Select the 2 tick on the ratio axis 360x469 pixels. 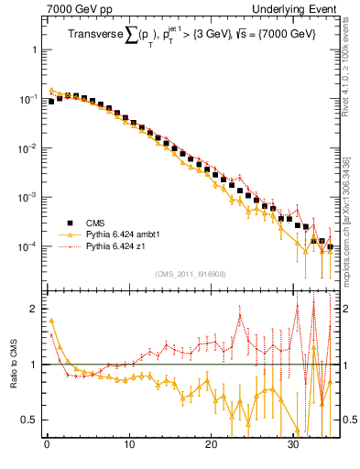pos(34,310)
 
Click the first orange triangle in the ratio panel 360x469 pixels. pos(51,321)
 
